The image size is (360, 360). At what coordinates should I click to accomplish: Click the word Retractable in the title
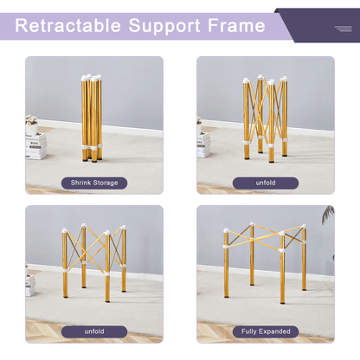coord(67,25)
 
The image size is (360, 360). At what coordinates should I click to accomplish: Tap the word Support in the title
coord(164,26)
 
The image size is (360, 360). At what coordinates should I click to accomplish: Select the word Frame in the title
coord(236,25)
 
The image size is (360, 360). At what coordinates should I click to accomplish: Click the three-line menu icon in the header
coord(344,29)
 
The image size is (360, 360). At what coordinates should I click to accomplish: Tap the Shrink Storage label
coord(94,183)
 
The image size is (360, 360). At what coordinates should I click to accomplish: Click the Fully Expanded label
coord(266,331)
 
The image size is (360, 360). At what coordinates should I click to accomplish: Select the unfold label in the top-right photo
coord(266,183)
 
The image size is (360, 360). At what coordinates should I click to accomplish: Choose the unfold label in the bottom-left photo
coord(94,331)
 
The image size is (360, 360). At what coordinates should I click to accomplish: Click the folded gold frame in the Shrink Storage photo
coord(92,119)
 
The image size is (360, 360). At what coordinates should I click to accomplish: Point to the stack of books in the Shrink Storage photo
coord(35,146)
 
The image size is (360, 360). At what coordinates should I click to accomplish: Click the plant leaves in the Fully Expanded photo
coord(329,214)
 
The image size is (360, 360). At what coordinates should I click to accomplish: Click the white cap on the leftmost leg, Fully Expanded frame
coord(227,230)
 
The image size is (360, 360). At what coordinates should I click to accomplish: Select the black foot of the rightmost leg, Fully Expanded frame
coord(304,288)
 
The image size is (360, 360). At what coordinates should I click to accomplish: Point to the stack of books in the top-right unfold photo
coord(203,145)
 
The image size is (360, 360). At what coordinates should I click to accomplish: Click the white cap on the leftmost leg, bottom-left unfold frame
coord(64,231)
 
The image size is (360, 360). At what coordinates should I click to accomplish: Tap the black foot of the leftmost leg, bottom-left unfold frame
coord(66,296)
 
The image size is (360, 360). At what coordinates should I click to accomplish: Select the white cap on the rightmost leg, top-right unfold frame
coord(285,79)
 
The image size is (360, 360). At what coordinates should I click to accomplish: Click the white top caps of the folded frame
coord(92,77)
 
